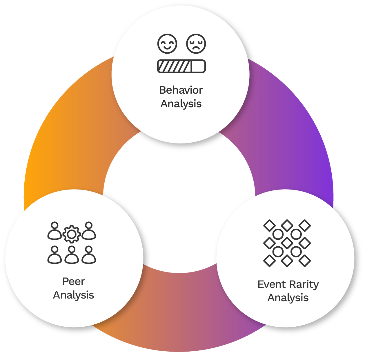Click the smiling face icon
[x=167, y=44]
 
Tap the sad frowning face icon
[x=196, y=44]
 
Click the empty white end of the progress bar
[x=198, y=66]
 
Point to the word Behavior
[x=181, y=90]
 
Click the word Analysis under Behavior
[x=181, y=104]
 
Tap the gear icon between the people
[x=72, y=234]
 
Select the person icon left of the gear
[x=55, y=231]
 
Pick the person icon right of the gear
[x=89, y=231]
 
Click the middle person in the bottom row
[x=72, y=255]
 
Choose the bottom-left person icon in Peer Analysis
[x=55, y=255]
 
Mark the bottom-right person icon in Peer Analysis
[x=89, y=255]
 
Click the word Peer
[x=74, y=281]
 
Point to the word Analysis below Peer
[x=74, y=295]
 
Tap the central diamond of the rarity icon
[x=287, y=243]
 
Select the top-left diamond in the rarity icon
[x=269, y=226]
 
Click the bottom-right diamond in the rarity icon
[x=305, y=261]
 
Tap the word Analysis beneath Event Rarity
[x=288, y=298]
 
